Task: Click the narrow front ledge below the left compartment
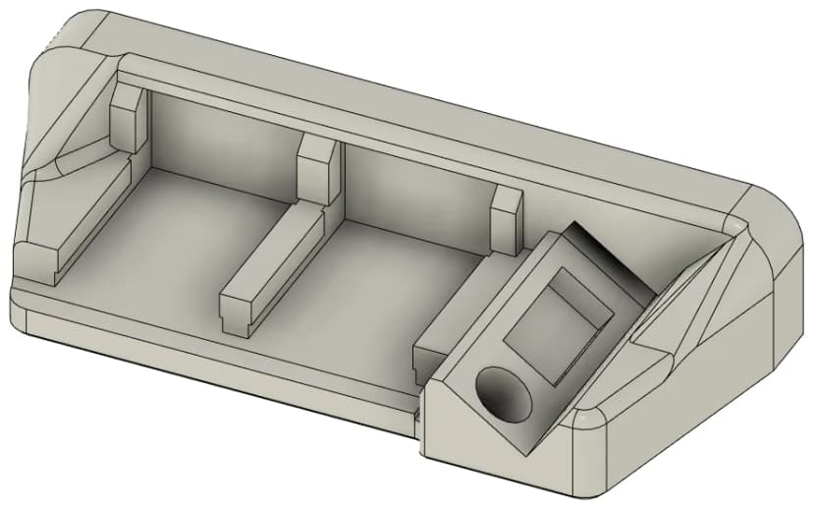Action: point(196,339)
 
